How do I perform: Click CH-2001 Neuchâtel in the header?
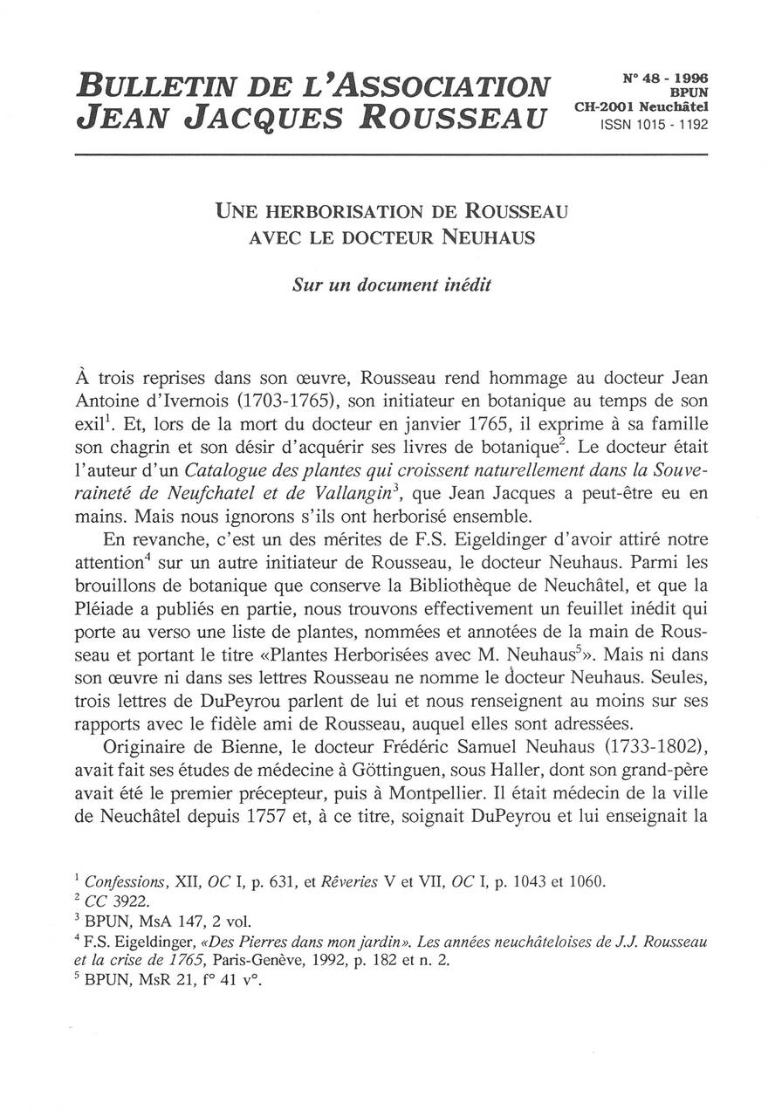click(x=641, y=107)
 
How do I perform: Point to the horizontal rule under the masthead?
click(x=391, y=155)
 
